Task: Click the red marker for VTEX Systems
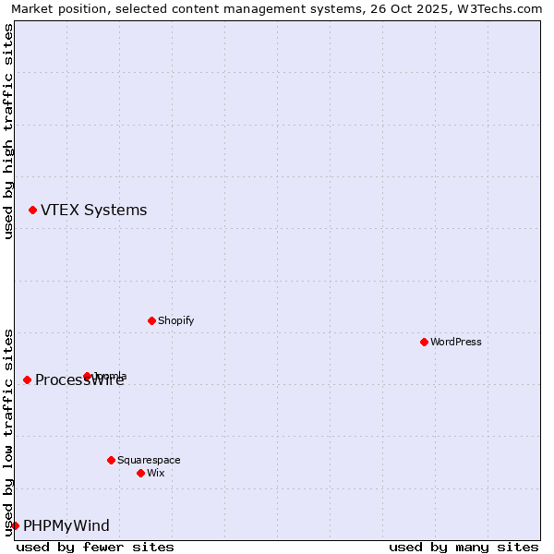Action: point(32,211)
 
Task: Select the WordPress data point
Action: point(424,342)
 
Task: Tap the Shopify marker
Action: point(151,320)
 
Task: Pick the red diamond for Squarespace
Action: point(111,460)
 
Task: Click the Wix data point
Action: point(140,473)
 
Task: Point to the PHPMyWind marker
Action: point(15,525)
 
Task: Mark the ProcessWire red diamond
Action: point(27,379)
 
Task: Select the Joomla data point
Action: point(88,376)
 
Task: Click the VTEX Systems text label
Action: point(93,211)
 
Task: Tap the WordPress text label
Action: point(456,342)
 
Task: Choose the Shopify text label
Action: point(175,320)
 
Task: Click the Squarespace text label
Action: point(149,460)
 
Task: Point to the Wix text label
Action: point(156,473)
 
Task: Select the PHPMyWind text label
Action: point(66,526)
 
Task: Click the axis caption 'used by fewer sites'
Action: point(95,547)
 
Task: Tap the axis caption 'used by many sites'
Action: point(464,547)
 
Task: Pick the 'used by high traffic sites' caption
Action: point(8,131)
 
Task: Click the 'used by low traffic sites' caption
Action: point(8,431)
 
